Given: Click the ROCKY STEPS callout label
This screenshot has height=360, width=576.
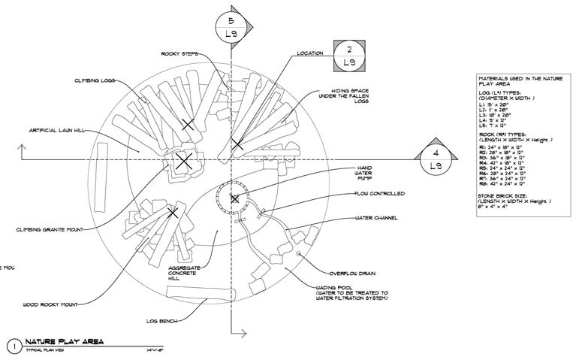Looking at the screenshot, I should tap(179, 53).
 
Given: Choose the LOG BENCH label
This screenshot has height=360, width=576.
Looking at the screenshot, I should tap(161, 321).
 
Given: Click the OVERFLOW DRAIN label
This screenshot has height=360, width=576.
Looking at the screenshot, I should tap(352, 273).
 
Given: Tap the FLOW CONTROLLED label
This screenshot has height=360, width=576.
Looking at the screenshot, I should tap(379, 193).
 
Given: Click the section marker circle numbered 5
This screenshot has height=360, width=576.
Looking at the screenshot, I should tap(231, 27).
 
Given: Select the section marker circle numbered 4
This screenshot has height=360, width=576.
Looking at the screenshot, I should tap(434, 157).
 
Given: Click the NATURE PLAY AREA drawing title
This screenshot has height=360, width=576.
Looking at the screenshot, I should tap(64, 341).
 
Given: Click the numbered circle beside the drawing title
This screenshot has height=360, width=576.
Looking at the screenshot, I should tap(13, 346).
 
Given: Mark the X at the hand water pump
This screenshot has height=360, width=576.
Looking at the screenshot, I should tap(235, 198).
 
